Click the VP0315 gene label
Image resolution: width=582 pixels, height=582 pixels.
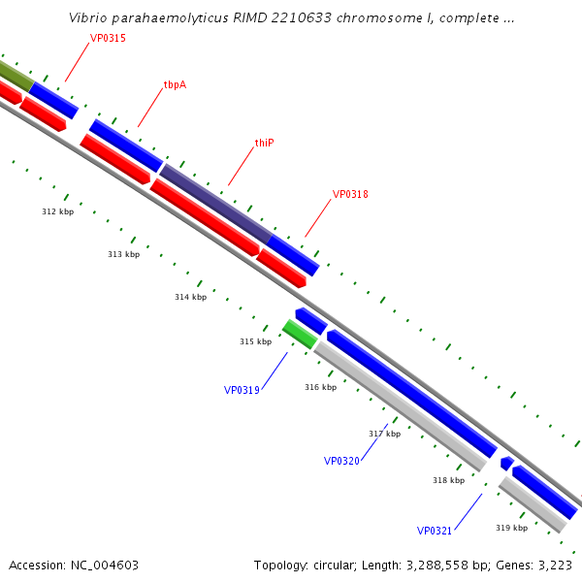pyautogui.click(x=108, y=39)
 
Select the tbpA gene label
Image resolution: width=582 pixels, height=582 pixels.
pyautogui.click(x=175, y=85)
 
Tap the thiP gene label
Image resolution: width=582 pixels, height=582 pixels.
pyautogui.click(x=264, y=143)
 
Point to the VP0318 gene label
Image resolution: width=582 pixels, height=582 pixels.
pyautogui.click(x=350, y=194)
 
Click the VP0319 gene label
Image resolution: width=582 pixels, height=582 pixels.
pyautogui.click(x=242, y=390)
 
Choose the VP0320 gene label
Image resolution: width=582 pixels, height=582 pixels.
pyautogui.click(x=341, y=461)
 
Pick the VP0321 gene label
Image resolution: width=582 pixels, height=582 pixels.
pyautogui.click(x=435, y=531)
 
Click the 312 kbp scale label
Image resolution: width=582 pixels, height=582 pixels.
pyautogui.click(x=57, y=211)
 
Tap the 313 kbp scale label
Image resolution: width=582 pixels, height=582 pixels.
pyautogui.click(x=123, y=254)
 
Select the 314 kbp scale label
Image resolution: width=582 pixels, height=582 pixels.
pyautogui.click(x=190, y=298)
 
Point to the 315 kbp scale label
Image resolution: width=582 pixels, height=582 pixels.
pyautogui.click(x=255, y=341)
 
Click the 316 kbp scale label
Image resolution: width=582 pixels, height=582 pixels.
pyautogui.click(x=320, y=387)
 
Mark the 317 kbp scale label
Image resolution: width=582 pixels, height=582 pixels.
pyautogui.click(x=384, y=434)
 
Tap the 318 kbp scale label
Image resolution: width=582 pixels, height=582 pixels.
pyautogui.click(x=448, y=480)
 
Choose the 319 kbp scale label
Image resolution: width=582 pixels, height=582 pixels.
pyautogui.click(x=511, y=528)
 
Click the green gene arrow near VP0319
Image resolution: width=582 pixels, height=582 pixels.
pyautogui.click(x=300, y=334)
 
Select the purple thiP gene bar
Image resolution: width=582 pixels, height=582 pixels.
pyautogui.click(x=214, y=204)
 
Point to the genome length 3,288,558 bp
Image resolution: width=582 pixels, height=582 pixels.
pyautogui.click(x=434, y=565)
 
